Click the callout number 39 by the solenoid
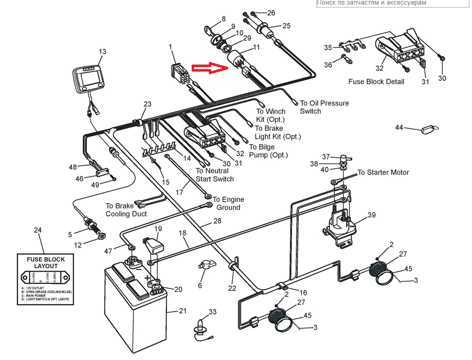[x=372, y=215]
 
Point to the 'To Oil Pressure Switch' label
[x=324, y=107]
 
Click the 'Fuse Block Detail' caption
[x=376, y=82]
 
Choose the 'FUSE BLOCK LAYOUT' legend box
[x=46, y=279]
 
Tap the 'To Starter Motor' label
[x=383, y=172]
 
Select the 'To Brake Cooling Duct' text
[x=126, y=210]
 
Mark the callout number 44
[x=399, y=128]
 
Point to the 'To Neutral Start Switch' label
[x=215, y=175]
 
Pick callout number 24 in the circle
[x=37, y=230]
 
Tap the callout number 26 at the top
[x=271, y=13]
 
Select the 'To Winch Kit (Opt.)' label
[x=271, y=115]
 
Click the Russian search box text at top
[x=371, y=3]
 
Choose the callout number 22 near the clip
[x=232, y=288]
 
